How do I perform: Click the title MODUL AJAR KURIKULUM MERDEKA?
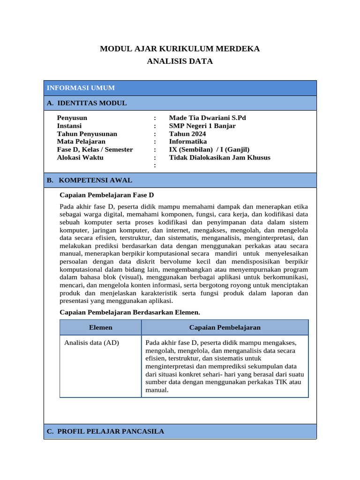click(180, 49)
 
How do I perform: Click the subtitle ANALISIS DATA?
click(180, 61)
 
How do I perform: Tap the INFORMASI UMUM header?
click(81, 88)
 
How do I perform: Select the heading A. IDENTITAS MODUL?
click(87, 103)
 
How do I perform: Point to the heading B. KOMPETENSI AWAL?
click(89, 180)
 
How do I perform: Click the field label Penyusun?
click(72, 118)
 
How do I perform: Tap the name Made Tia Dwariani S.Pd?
click(207, 118)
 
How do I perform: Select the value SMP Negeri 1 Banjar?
click(202, 126)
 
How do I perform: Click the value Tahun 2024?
click(187, 134)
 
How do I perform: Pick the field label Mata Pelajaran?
click(81, 142)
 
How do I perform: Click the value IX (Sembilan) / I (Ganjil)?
click(209, 150)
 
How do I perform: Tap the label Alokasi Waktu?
click(80, 157)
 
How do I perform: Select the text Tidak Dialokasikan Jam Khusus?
click(219, 157)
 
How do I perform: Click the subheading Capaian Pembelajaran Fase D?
click(107, 195)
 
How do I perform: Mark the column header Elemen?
click(100, 328)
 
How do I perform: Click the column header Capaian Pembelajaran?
click(225, 328)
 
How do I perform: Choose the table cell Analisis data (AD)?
click(91, 343)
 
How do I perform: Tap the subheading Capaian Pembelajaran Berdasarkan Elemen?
click(130, 312)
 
